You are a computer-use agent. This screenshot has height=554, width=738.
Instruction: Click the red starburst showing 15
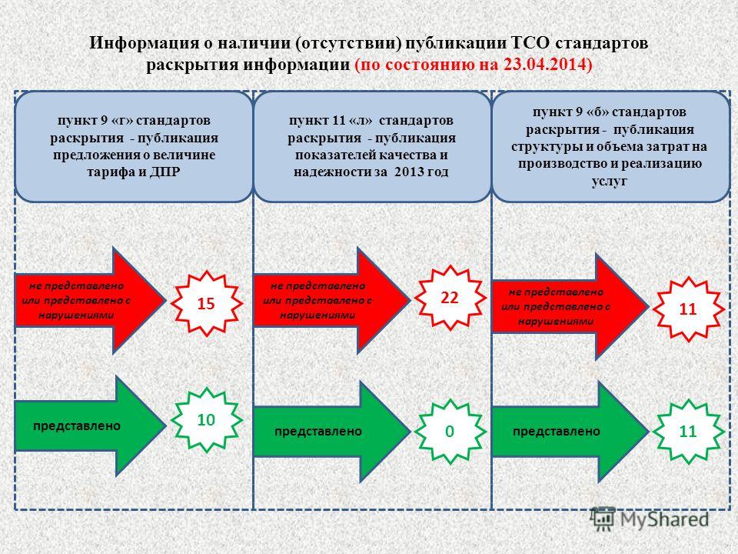(206, 303)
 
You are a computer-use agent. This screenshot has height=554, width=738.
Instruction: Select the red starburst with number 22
(450, 298)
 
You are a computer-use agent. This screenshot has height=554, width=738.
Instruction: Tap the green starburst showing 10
(206, 420)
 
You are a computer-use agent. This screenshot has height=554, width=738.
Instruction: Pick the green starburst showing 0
(450, 431)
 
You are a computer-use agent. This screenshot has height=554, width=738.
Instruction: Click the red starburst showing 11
(687, 309)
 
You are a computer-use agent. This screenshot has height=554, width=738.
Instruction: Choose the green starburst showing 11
(687, 431)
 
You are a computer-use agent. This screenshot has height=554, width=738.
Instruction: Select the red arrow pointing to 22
(332, 300)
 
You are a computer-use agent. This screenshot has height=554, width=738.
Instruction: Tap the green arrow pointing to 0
(332, 431)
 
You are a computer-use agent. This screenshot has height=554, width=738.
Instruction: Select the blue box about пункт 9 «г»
(134, 147)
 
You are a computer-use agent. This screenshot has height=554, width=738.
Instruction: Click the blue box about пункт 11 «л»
(372, 147)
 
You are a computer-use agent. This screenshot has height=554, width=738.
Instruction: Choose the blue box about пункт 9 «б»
(611, 147)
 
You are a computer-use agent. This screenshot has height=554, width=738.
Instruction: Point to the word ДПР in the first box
(165, 172)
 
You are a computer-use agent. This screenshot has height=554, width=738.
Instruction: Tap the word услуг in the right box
(610, 181)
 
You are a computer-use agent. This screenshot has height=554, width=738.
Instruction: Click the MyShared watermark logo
(650, 519)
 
